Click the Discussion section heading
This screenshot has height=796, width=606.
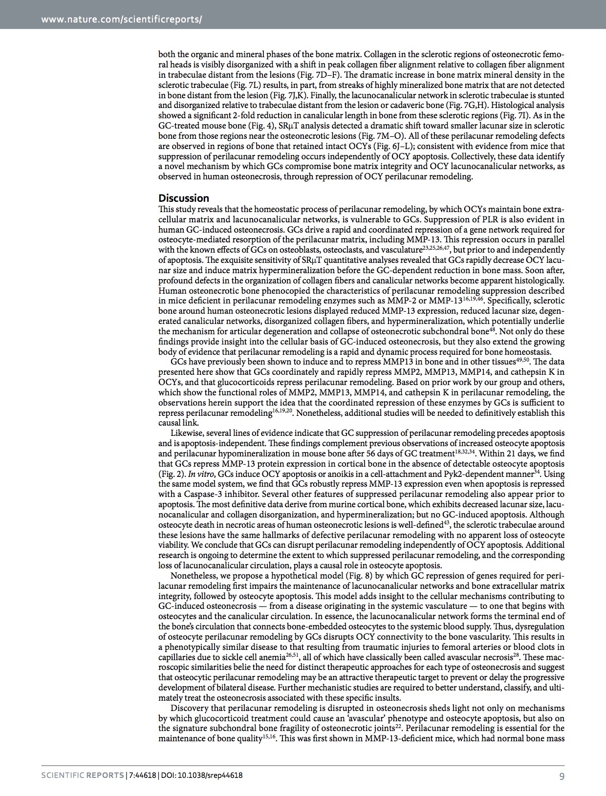point(184,198)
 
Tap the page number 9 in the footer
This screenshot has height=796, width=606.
point(562,775)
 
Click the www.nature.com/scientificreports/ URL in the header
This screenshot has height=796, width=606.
point(122,20)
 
